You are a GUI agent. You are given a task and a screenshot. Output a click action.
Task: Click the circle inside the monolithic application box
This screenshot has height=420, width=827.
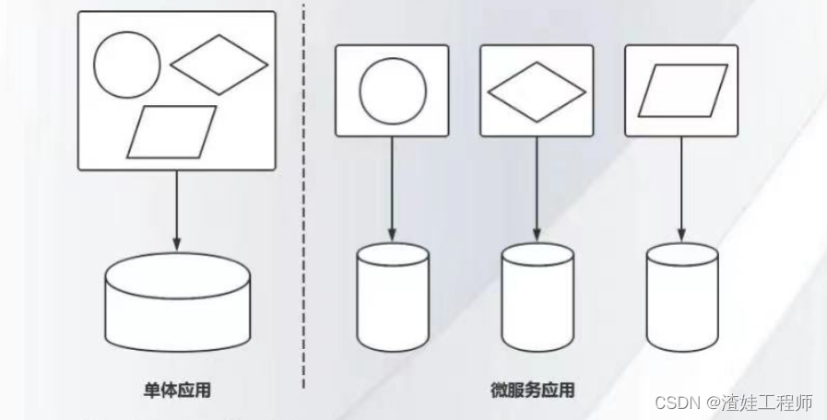point(127,64)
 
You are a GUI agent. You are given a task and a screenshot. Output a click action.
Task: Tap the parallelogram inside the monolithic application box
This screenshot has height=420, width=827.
point(171,132)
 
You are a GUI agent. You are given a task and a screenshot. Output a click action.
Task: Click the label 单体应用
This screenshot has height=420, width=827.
point(177,391)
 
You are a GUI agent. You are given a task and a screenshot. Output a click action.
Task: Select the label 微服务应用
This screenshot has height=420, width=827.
point(532,391)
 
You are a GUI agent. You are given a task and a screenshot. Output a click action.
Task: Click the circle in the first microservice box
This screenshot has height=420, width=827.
point(392,90)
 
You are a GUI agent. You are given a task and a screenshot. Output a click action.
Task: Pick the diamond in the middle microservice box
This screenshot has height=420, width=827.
point(536,92)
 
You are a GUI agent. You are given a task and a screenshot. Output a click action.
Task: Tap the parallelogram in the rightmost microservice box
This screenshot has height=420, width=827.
point(681,91)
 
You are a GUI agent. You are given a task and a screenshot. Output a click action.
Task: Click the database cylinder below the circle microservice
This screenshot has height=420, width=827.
point(392,297)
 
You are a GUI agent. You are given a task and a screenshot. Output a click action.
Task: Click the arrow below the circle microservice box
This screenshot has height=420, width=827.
point(392,189)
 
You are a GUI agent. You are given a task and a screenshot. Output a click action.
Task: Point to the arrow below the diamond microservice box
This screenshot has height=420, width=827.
point(537,189)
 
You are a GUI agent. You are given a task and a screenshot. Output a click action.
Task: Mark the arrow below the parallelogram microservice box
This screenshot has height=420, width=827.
point(681,189)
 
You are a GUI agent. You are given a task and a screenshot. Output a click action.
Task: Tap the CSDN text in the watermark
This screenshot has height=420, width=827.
point(676,403)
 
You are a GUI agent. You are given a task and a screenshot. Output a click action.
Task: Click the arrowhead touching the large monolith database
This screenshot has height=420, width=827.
point(176,243)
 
